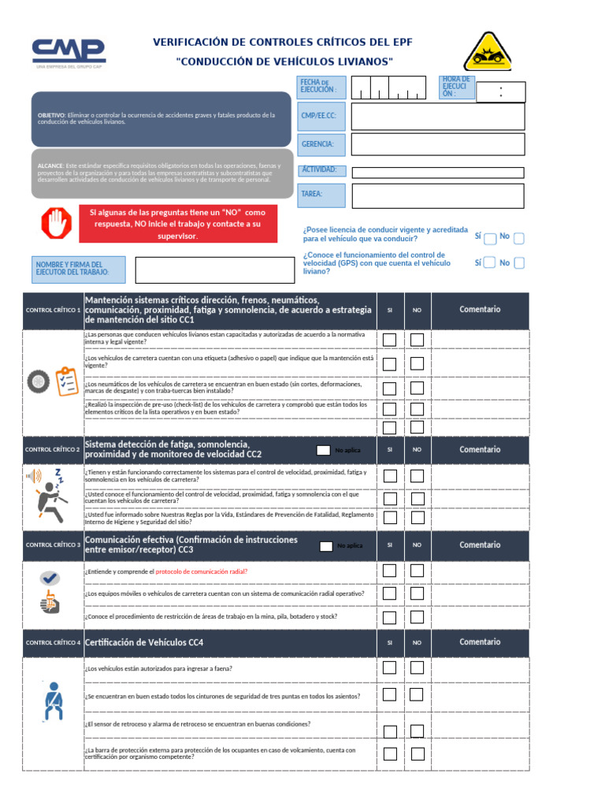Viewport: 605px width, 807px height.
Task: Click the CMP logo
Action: pyautogui.click(x=69, y=52)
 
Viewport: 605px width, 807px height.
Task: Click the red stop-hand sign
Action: pyautogui.click(x=56, y=224)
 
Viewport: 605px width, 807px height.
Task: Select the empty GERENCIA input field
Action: pyautogui.click(x=437, y=144)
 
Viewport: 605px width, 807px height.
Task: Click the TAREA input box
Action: pyautogui.click(x=437, y=195)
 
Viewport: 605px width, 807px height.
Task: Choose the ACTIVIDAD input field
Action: pyautogui.click(x=437, y=173)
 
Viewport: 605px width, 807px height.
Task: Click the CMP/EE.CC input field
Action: pyautogui.click(x=437, y=117)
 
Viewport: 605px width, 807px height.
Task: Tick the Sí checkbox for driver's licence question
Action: pyautogui.click(x=490, y=238)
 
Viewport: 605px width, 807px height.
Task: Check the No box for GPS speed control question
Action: pyautogui.click(x=518, y=263)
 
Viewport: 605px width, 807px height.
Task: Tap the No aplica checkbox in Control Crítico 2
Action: pyautogui.click(x=323, y=450)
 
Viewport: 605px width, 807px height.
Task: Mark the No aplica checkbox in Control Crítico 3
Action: pyautogui.click(x=325, y=545)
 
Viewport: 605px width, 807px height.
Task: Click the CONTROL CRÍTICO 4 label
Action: pyautogui.click(x=53, y=643)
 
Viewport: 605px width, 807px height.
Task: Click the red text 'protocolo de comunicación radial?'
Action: pyautogui.click(x=201, y=571)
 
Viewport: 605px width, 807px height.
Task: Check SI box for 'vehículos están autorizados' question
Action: pyautogui.click(x=389, y=668)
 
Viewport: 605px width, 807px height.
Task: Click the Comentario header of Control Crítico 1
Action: pyautogui.click(x=480, y=310)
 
